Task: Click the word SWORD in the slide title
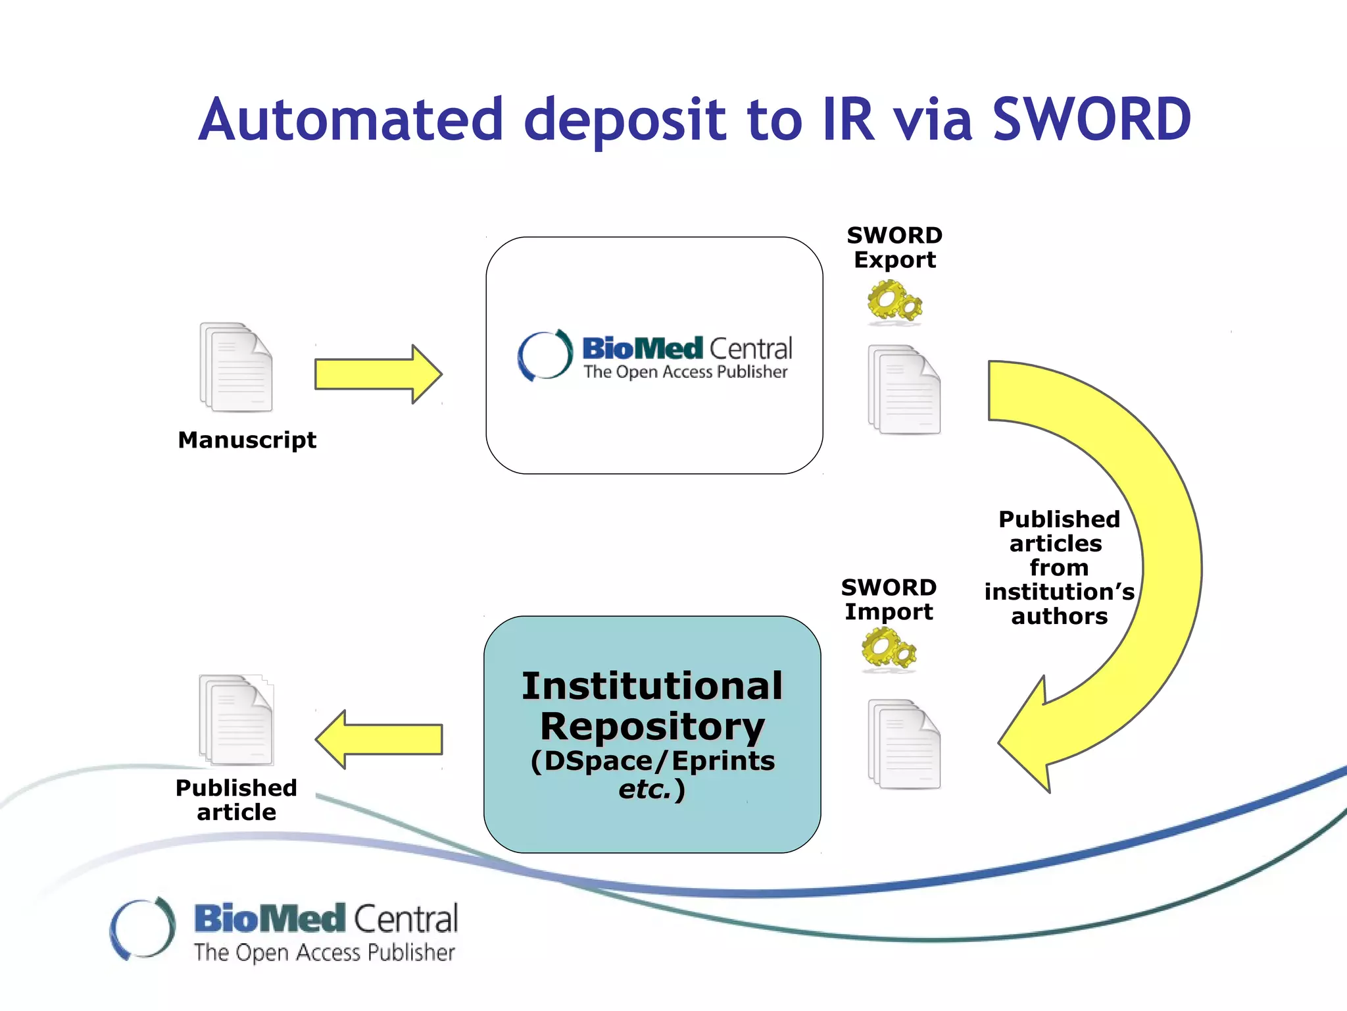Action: [1091, 120]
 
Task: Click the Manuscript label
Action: [247, 440]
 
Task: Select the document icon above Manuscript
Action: [236, 367]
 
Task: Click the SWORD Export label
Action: [894, 247]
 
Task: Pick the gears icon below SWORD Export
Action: [894, 302]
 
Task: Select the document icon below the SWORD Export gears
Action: [904, 390]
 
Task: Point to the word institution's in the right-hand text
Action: [1059, 592]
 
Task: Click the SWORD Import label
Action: [889, 600]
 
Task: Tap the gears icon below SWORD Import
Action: [889, 649]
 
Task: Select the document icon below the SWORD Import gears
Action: [904, 744]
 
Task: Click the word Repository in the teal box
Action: [652, 727]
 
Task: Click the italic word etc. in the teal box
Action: [645, 789]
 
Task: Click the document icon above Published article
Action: [236, 720]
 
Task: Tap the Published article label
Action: [236, 800]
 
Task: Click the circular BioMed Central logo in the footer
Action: [143, 928]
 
